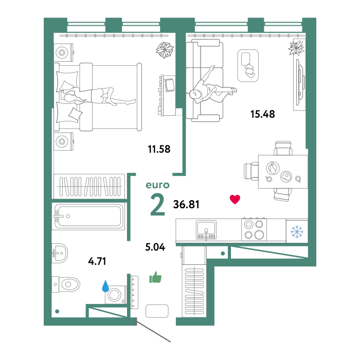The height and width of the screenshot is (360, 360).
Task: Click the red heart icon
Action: click(235, 200)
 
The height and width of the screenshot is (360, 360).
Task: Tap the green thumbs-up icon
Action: click(155, 277)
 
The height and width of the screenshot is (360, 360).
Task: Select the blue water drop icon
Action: click(105, 286)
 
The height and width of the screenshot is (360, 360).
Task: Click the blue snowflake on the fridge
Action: click(297, 231)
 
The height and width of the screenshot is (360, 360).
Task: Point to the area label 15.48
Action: click(262, 114)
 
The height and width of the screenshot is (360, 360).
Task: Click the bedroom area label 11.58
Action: click(159, 149)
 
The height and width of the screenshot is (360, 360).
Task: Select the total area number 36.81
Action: click(186, 204)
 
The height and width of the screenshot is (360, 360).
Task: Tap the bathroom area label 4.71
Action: click(97, 261)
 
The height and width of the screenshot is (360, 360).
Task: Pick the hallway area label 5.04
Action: click(155, 247)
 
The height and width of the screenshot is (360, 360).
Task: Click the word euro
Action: click(157, 185)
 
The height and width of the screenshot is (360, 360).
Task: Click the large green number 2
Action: click(158, 205)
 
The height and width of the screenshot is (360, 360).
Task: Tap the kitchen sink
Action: click(206, 230)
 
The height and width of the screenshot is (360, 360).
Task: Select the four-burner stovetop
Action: click(254, 229)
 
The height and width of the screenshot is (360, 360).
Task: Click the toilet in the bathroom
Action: click(66, 284)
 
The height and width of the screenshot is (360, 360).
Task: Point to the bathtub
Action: click(88, 217)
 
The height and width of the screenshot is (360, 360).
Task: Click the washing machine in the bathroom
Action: click(116, 295)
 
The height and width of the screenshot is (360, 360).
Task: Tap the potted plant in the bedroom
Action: click(165, 50)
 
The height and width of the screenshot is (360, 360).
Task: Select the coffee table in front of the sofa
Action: click(248, 66)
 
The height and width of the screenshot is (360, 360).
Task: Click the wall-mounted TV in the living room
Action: click(300, 82)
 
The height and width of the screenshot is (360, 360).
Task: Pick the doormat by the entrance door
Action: click(157, 311)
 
